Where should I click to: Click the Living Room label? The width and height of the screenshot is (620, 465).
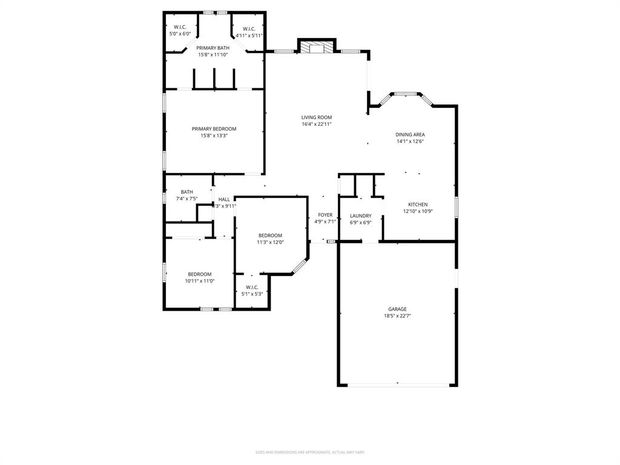click(x=317, y=117)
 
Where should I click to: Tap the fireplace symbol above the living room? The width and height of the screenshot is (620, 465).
click(x=317, y=47)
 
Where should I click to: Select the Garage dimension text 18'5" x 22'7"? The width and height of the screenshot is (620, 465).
click(x=397, y=315)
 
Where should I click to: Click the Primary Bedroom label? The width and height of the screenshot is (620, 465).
click(x=214, y=128)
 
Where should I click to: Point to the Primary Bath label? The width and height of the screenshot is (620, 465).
click(x=213, y=48)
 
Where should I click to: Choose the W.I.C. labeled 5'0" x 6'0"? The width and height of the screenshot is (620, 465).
click(x=180, y=27)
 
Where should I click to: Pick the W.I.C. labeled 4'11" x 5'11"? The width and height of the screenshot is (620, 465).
click(x=249, y=29)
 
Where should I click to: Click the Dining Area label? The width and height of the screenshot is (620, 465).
click(x=410, y=134)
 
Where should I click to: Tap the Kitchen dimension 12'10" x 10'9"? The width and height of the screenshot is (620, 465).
click(x=418, y=211)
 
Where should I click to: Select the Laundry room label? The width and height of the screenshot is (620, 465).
click(x=360, y=216)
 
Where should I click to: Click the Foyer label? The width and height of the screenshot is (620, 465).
click(x=325, y=215)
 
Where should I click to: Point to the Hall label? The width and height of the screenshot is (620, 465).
click(x=224, y=199)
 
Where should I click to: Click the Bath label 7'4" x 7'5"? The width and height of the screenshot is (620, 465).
click(x=186, y=192)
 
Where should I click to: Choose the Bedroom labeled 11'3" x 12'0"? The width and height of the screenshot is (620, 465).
click(x=270, y=236)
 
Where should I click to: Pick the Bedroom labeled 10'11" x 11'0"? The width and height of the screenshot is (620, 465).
click(x=199, y=274)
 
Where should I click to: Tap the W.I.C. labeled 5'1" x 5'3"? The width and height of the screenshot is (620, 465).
click(x=252, y=287)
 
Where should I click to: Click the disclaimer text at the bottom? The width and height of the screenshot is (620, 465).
click(x=310, y=452)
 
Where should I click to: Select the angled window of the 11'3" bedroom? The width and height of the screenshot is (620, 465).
click(x=300, y=265)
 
